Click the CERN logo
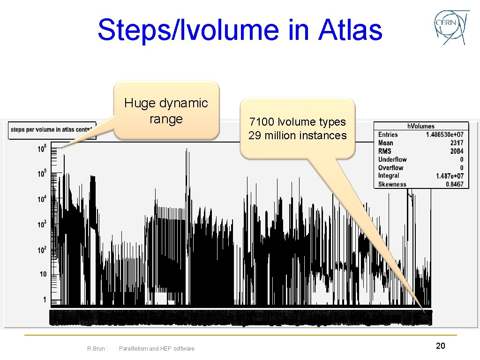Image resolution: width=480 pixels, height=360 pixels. tap(451, 28)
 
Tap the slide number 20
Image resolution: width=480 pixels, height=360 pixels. tap(440, 346)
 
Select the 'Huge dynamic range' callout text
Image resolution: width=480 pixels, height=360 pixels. tap(166, 111)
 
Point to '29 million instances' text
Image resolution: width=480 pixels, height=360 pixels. tap(297, 136)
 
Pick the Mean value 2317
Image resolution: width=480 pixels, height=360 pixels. tap(456, 143)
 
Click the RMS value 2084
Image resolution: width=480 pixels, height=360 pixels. tap(456, 151)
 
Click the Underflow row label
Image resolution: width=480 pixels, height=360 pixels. tap(392, 159)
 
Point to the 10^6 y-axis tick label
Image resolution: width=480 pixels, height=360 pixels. tap(42, 149)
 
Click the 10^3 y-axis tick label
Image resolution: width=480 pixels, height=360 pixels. tap(42, 225)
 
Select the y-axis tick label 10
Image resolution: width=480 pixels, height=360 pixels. tap(43, 274)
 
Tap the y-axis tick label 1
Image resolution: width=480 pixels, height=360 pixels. tap(45, 300)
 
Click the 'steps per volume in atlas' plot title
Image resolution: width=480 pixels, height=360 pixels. tap(52, 129)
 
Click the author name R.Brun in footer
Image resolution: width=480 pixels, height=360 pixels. tap(97, 348)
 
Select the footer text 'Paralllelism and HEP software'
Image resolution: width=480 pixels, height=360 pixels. tap(157, 348)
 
